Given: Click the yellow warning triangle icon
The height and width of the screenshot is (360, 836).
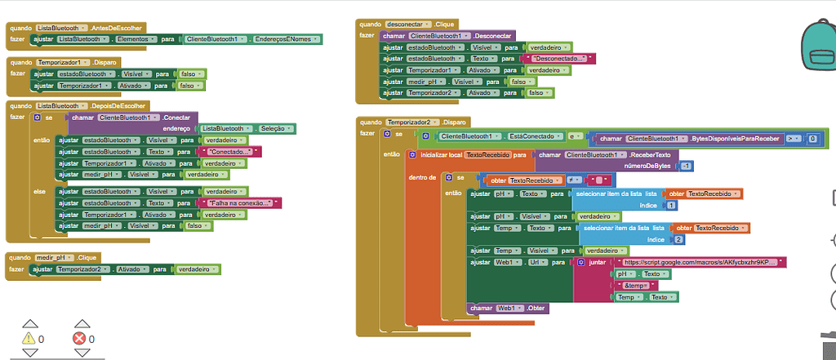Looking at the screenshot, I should pyautogui.click(x=29, y=338).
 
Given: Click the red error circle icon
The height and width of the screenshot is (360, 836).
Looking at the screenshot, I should pyautogui.click(x=79, y=338).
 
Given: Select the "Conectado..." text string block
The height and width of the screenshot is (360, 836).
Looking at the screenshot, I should pyautogui.click(x=232, y=152).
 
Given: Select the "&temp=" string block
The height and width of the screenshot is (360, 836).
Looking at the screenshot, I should pyautogui.click(x=640, y=286).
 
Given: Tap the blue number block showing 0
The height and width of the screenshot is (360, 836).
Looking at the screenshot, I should pyautogui.click(x=812, y=139).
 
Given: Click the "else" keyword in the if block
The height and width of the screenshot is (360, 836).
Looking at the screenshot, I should pyautogui.click(x=39, y=190).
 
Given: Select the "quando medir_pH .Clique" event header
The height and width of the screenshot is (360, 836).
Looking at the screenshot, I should pyautogui.click(x=53, y=257).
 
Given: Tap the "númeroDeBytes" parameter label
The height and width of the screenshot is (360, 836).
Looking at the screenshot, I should pyautogui.click(x=650, y=167).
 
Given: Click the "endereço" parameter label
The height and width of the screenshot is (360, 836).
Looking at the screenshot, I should pyautogui.click(x=176, y=129).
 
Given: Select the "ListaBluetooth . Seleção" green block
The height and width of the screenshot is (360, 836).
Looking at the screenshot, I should pyautogui.click(x=247, y=129).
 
